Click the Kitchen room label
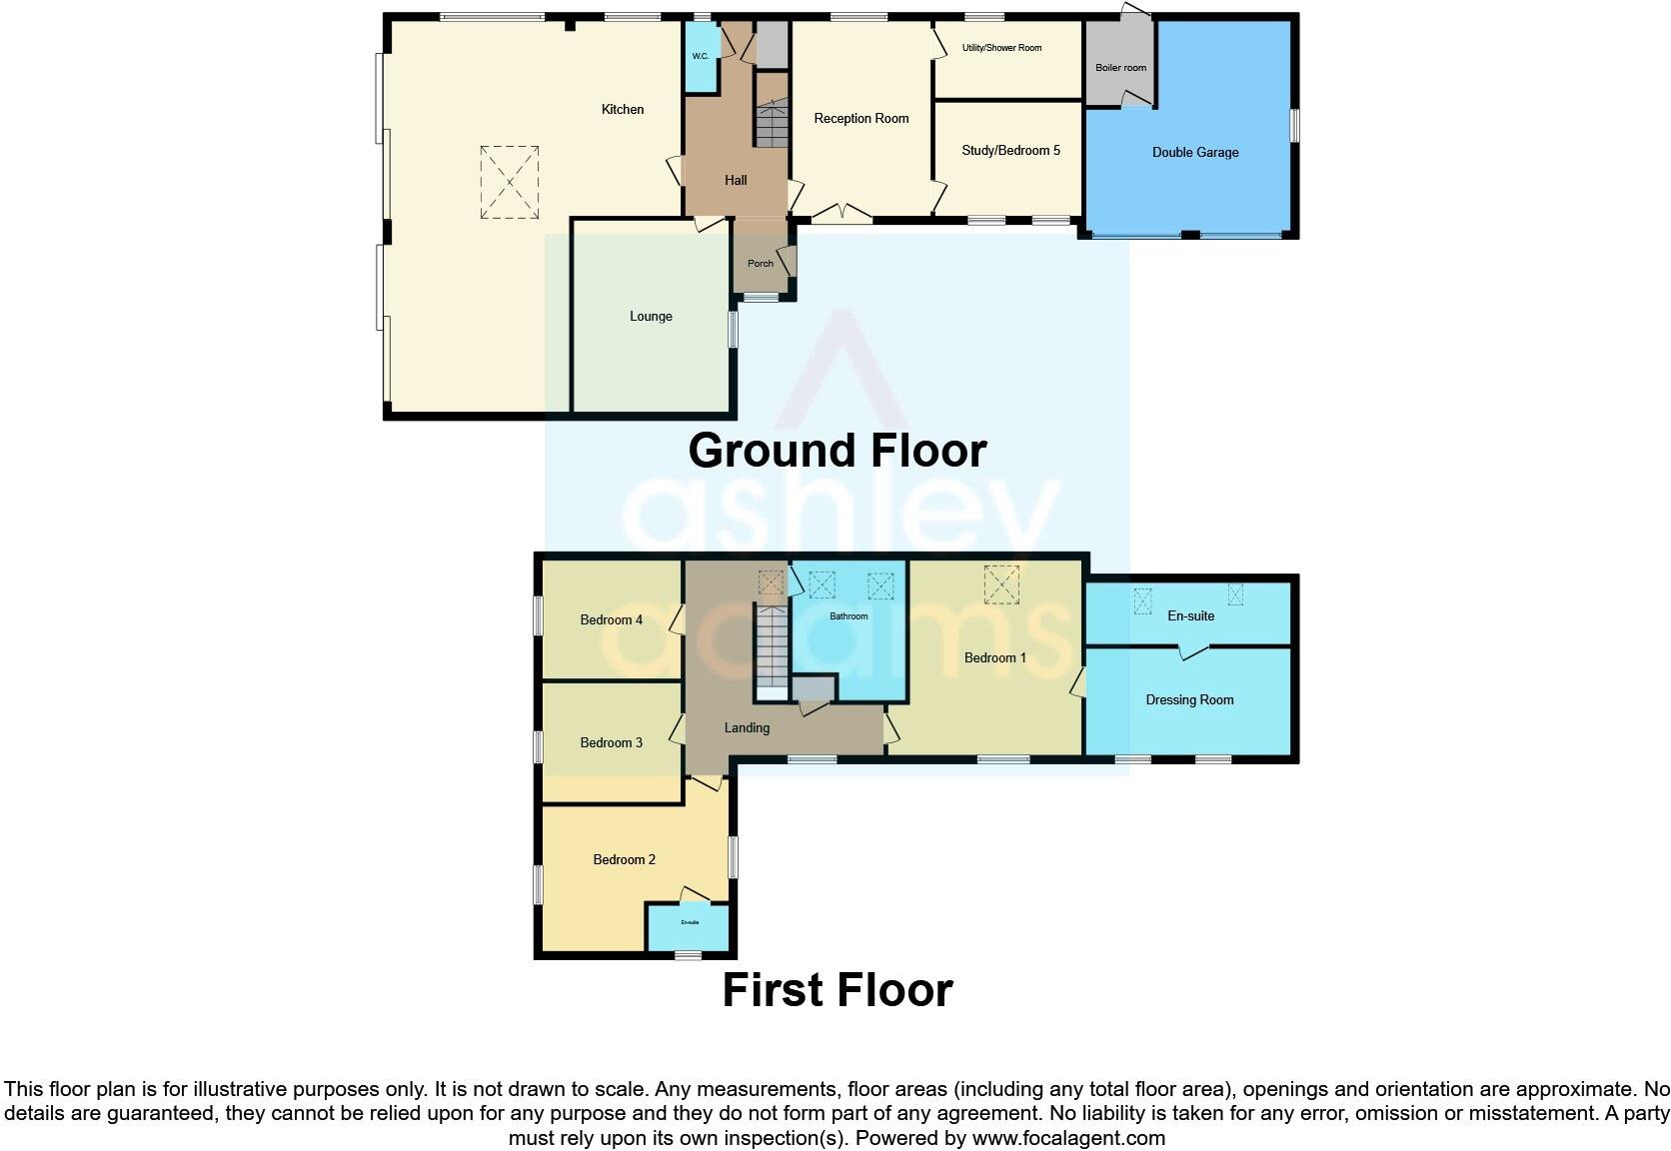click(622, 109)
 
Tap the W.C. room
click(701, 56)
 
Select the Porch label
click(761, 264)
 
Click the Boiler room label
click(1120, 68)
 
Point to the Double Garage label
click(1195, 152)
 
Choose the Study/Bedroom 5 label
click(1010, 150)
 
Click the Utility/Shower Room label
click(1001, 48)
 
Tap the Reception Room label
click(860, 118)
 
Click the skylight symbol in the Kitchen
click(509, 182)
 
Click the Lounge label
click(651, 316)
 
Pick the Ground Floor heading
click(837, 451)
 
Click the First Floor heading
click(837, 990)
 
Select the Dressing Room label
click(1189, 699)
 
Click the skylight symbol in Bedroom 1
click(1001, 584)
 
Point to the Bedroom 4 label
click(611, 619)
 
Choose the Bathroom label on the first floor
click(848, 616)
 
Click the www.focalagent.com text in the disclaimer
click(1067, 1137)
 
